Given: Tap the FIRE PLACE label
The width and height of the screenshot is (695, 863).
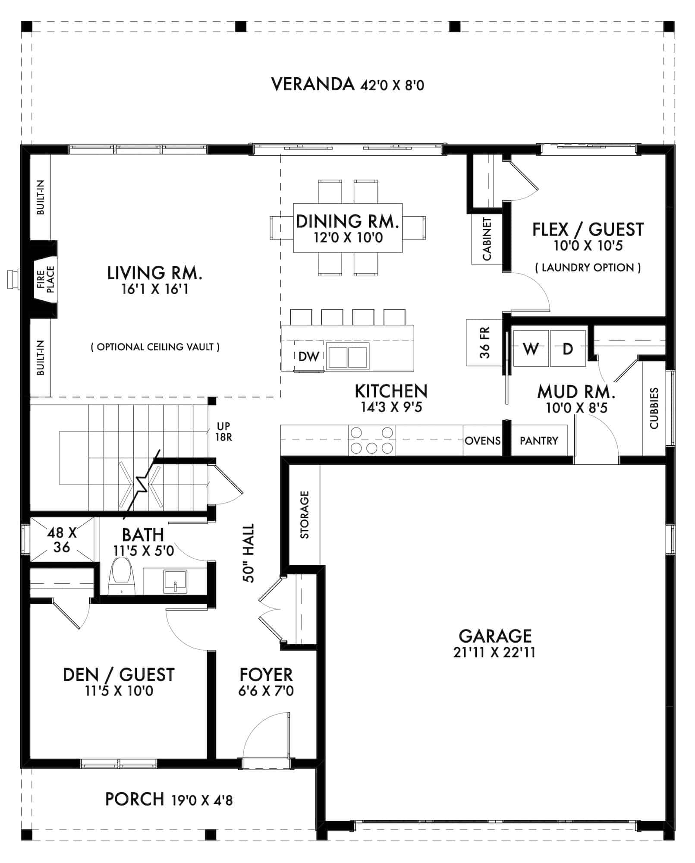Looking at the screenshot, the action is [46, 279].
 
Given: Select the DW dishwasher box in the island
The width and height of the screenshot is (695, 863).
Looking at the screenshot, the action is [309, 356].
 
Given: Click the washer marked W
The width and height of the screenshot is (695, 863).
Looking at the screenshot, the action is [531, 348].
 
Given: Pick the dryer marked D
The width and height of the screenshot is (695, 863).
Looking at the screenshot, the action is [568, 348].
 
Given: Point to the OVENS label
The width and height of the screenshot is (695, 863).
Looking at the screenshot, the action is [483, 441].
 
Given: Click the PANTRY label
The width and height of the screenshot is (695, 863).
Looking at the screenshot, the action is [539, 441].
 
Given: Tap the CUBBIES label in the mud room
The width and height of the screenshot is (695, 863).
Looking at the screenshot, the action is [654, 408].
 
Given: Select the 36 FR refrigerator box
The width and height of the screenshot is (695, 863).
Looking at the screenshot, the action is [484, 343].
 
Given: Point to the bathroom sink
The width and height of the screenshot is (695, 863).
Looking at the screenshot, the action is [175, 581].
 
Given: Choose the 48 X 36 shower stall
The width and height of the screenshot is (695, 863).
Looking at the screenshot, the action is [62, 539].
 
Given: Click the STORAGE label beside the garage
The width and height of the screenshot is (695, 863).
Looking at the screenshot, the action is [305, 514].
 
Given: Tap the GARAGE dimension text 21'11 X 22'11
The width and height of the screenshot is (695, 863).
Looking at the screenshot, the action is [494, 652].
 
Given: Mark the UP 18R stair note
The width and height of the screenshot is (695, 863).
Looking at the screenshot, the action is [223, 431].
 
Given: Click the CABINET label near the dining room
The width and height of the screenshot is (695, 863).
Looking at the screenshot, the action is [487, 239].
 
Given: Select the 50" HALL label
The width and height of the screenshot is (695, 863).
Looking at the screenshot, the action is [249, 553].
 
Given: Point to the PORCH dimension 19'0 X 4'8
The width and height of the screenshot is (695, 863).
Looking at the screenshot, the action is [202, 801].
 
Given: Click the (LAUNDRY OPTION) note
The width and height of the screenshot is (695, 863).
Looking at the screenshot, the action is [588, 268].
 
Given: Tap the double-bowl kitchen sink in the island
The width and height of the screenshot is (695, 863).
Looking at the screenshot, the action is [348, 356].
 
